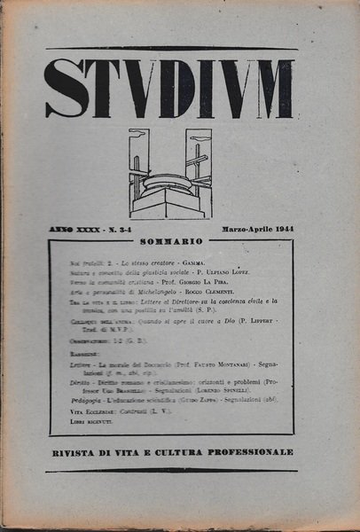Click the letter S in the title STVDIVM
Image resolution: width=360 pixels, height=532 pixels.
[x=67, y=89]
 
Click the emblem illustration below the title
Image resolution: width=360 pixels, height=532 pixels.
[x=170, y=174]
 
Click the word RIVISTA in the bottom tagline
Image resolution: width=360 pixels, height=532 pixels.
[x=74, y=452]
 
